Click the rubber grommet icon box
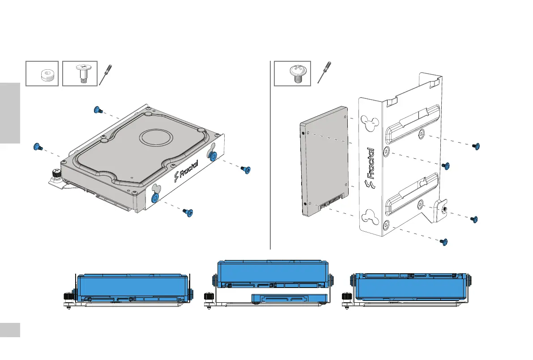[x=42, y=73]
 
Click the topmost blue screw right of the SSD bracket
[x=477, y=147]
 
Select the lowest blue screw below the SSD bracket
[x=445, y=242]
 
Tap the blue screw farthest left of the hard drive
[x=37, y=147]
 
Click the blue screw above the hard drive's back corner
[x=97, y=110]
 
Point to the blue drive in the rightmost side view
[x=409, y=287]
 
